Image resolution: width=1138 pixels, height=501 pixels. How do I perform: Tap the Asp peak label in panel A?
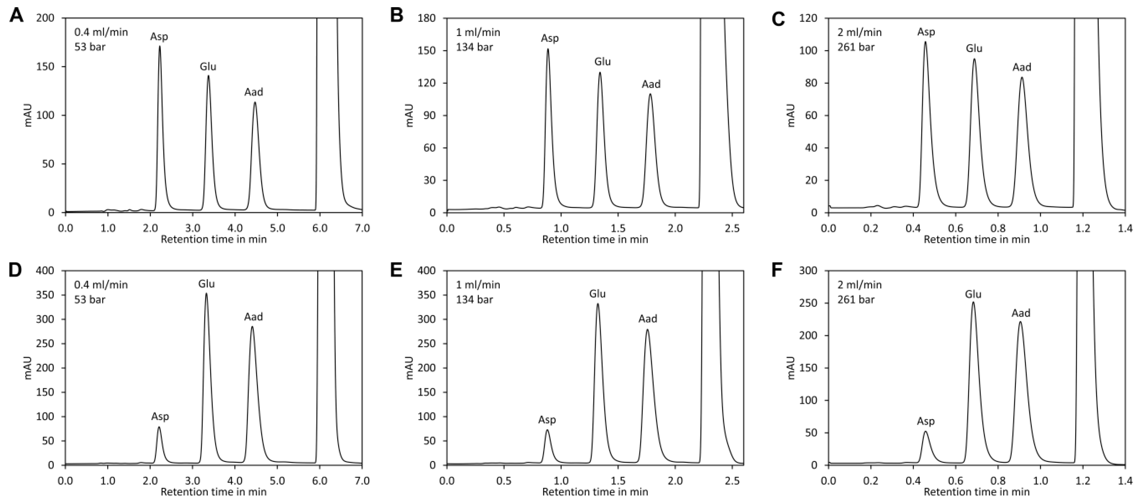[x=159, y=36]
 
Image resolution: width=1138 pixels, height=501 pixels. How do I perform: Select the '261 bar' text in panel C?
[x=856, y=47]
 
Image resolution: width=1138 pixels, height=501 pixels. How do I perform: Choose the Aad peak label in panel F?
[x=1021, y=313]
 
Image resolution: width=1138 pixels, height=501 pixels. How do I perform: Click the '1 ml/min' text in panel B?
[x=478, y=32]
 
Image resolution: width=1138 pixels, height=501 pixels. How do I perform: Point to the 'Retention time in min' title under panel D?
[x=213, y=491]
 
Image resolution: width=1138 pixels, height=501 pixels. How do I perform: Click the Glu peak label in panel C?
[x=974, y=49]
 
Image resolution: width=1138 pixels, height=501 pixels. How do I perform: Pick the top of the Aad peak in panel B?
[x=650, y=94]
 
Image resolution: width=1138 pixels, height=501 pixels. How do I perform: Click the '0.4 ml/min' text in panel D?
[x=101, y=285]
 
